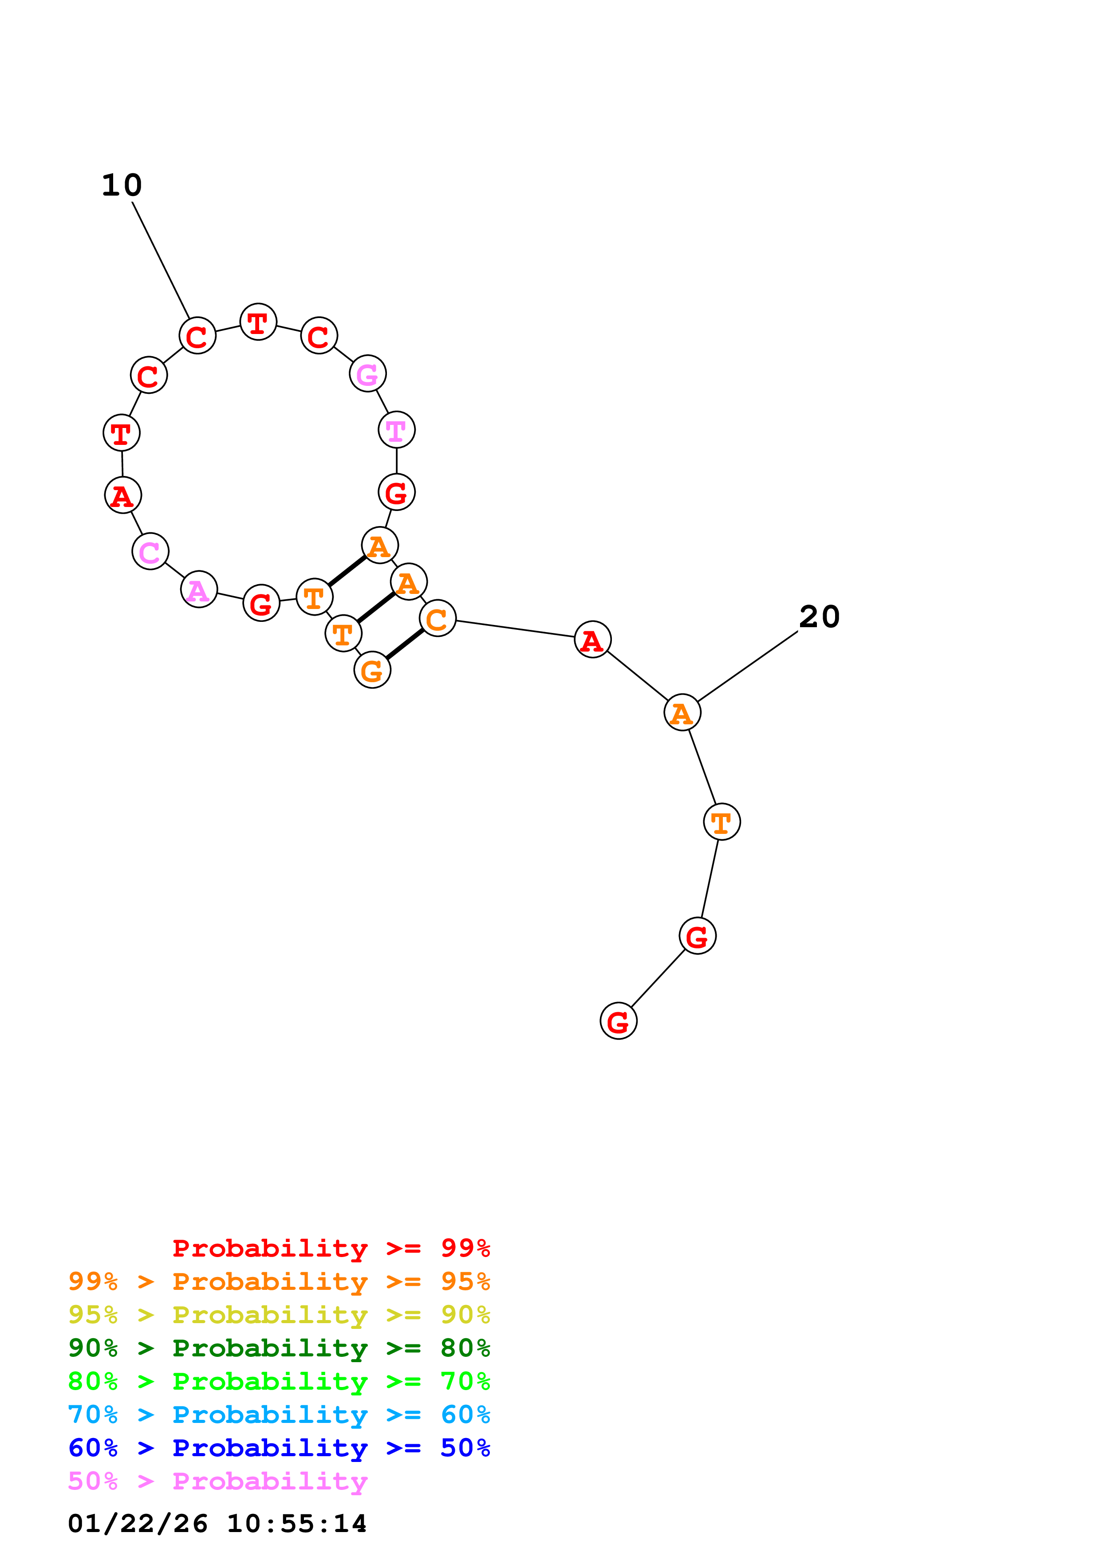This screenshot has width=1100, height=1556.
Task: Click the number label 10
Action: coord(122,185)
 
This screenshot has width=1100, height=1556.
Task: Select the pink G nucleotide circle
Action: coord(367,373)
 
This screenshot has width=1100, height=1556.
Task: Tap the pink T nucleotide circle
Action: coord(396,430)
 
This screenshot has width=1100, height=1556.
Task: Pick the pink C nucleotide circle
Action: coord(150,552)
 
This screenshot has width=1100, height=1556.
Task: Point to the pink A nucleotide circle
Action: coord(199,589)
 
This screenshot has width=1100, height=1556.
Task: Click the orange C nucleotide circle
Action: coord(437,618)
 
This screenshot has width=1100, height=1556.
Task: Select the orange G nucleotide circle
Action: coord(372,670)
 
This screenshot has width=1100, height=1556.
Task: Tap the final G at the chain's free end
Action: coord(618,1021)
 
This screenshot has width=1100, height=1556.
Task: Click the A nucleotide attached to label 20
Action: coord(682,712)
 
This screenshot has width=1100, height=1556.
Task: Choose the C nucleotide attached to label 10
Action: coord(197,335)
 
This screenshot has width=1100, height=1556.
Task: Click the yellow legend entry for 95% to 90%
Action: coord(279,1315)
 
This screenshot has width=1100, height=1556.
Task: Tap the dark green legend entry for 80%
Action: coord(279,1348)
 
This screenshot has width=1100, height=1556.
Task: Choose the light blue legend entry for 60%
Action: coord(279,1415)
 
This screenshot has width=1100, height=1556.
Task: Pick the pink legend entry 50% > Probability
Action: coord(217,1481)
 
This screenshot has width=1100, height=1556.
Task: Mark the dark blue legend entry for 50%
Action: coord(279,1448)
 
